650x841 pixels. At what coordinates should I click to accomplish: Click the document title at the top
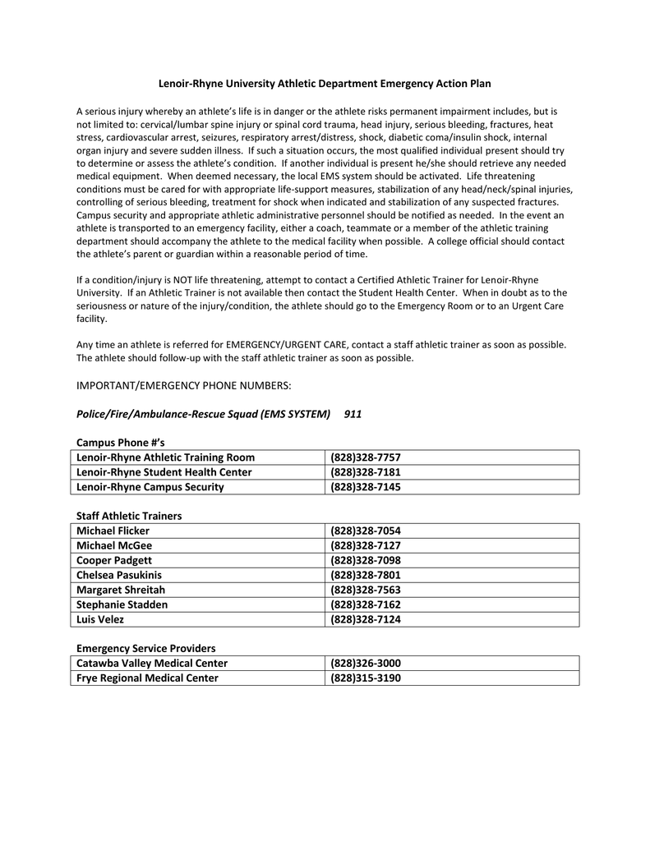click(325, 84)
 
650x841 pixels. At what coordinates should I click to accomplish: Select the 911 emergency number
click(353, 414)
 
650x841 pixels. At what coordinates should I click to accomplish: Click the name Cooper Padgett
click(113, 560)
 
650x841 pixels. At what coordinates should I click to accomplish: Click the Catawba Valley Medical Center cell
click(151, 663)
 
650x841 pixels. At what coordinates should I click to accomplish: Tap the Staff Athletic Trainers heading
click(129, 516)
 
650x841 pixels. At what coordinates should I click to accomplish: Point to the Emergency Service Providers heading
click(145, 648)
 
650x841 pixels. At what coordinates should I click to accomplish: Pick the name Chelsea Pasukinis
click(119, 575)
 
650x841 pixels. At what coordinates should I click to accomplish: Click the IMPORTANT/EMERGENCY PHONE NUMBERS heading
click(184, 385)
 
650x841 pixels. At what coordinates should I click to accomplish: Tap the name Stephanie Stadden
click(122, 604)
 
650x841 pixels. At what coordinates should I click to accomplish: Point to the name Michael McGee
click(113, 545)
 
